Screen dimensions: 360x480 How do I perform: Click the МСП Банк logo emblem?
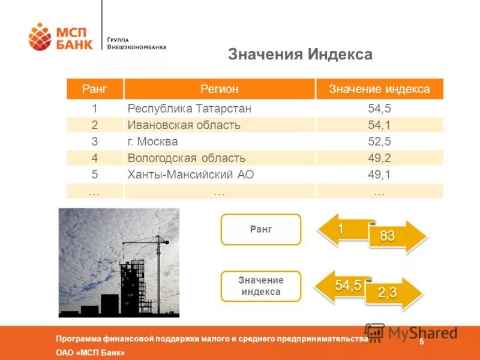(x=40, y=37)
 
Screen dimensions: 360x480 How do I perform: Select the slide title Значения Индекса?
(x=300, y=55)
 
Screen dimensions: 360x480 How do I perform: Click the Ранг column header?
(x=94, y=89)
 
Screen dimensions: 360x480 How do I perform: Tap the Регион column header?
(x=219, y=89)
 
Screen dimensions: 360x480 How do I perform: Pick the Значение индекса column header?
(x=379, y=89)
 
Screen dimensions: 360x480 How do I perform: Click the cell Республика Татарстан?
(x=189, y=109)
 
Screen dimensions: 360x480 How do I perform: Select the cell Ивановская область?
(x=184, y=125)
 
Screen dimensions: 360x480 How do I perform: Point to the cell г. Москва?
(x=152, y=142)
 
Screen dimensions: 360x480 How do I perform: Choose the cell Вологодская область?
(x=186, y=158)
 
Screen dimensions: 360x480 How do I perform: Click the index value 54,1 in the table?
(x=379, y=125)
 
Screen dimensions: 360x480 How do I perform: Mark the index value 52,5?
(x=379, y=142)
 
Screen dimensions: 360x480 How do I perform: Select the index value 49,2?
(x=379, y=158)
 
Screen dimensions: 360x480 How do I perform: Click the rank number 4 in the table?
(x=94, y=158)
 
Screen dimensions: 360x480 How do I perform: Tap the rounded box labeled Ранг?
(x=260, y=229)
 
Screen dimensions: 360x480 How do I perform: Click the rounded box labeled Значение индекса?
(x=260, y=286)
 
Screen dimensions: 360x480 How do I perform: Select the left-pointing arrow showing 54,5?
(x=344, y=286)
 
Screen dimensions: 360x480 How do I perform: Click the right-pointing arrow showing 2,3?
(x=393, y=293)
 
